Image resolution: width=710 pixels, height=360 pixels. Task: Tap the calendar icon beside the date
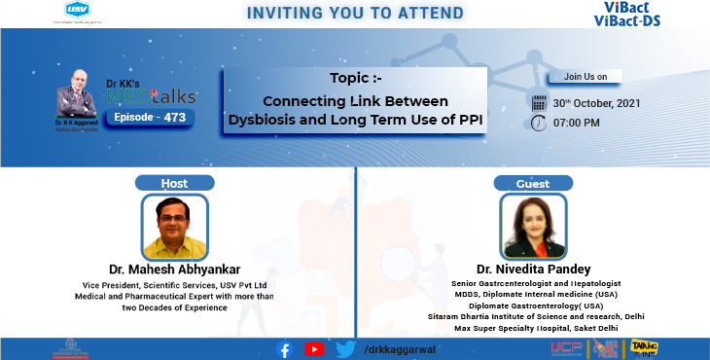click(x=539, y=101)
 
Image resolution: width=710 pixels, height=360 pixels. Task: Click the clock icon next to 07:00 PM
click(x=539, y=123)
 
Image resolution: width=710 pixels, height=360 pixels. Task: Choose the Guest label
click(x=533, y=182)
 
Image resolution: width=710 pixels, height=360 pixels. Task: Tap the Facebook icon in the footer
click(x=285, y=348)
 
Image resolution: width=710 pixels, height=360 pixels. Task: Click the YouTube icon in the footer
click(x=314, y=348)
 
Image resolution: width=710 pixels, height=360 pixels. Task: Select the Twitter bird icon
click(x=343, y=348)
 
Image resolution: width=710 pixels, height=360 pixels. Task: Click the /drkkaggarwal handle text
click(x=399, y=348)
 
